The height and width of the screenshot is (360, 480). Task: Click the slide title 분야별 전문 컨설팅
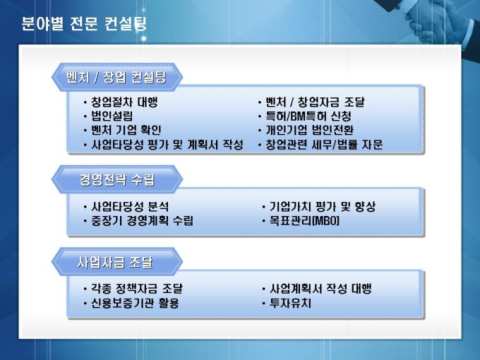(x=84, y=23)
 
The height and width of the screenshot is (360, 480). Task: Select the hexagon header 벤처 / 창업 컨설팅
(x=117, y=77)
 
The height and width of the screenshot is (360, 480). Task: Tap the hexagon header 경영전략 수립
(x=117, y=179)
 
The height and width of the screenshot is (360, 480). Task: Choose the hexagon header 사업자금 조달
(x=117, y=262)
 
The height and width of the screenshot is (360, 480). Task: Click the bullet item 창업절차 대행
(x=124, y=102)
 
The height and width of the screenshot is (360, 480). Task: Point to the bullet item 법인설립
(x=112, y=116)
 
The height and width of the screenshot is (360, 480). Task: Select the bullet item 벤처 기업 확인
(x=126, y=130)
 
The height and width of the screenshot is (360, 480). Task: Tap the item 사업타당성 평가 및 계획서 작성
(x=167, y=145)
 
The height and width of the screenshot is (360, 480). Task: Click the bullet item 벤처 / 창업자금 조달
(x=316, y=102)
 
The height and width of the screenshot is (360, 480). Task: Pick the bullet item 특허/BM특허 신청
(x=308, y=116)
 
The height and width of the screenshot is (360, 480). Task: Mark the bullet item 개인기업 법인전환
(x=310, y=130)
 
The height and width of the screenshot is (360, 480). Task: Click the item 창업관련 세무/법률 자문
(x=324, y=145)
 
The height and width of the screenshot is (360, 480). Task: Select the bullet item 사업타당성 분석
(x=130, y=207)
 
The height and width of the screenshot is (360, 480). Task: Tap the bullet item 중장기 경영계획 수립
(x=142, y=221)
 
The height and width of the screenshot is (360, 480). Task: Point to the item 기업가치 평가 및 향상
(x=323, y=207)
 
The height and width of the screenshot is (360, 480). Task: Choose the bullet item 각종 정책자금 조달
(x=137, y=289)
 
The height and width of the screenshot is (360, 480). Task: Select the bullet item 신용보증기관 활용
(x=135, y=303)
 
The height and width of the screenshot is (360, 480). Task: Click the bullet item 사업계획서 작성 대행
(x=320, y=289)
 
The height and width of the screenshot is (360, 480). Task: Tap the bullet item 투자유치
(x=290, y=303)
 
